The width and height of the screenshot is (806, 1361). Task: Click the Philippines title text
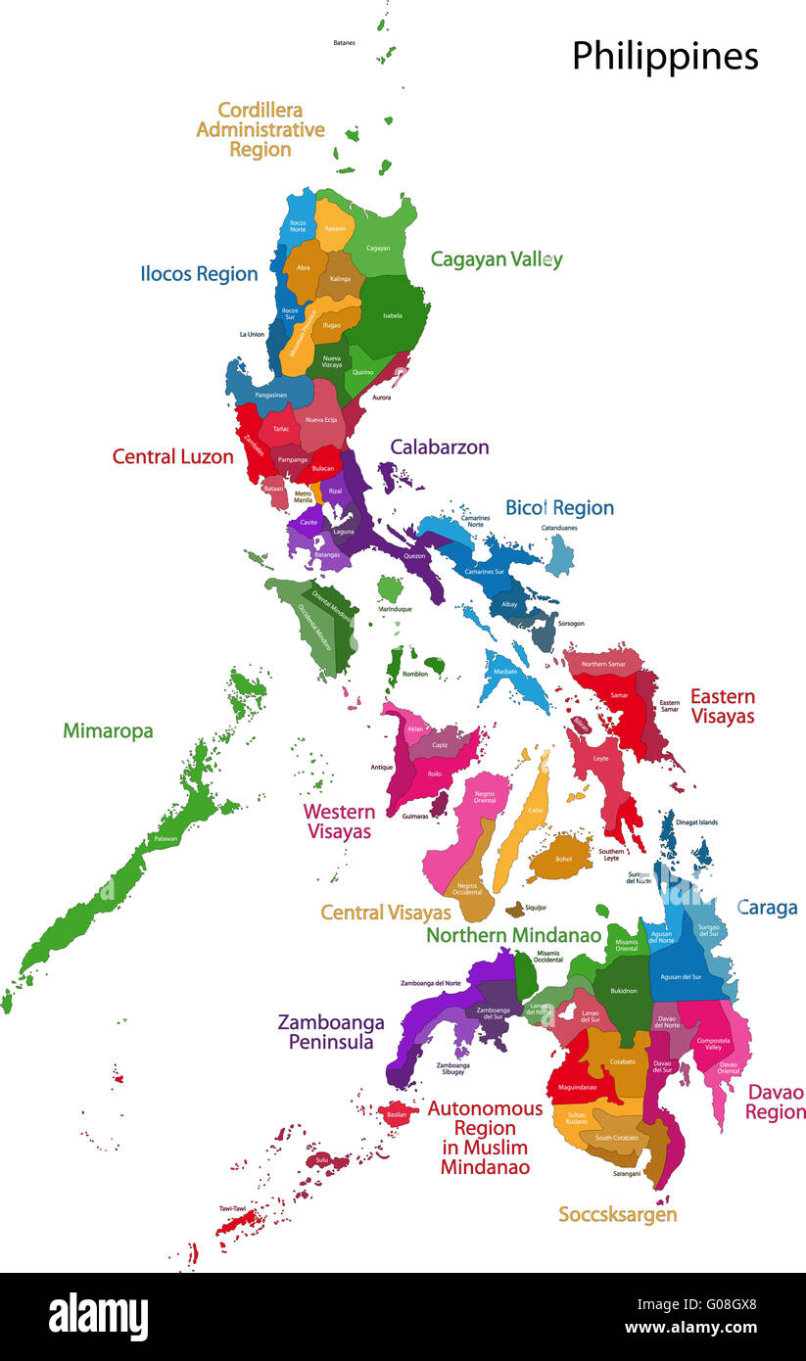[x=665, y=56]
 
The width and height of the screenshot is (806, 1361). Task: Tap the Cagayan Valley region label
[x=497, y=259]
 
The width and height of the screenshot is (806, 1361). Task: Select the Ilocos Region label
[x=199, y=274]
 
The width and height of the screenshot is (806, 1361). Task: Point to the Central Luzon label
[x=172, y=456]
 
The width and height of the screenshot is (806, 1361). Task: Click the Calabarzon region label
[x=439, y=447]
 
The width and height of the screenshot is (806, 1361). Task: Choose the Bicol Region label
[x=559, y=507]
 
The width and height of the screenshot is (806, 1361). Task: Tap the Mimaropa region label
[x=108, y=730]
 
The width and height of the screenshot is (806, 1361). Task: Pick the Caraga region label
[x=767, y=908]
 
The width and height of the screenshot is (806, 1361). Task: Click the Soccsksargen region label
[x=617, y=1214]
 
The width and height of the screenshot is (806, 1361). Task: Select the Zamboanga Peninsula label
[x=331, y=1032]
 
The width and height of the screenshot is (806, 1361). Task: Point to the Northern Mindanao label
[x=513, y=935]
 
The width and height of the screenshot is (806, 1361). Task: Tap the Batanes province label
[x=344, y=43]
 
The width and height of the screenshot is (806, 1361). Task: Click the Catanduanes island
[x=559, y=556]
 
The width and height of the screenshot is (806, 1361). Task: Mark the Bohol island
[x=561, y=856]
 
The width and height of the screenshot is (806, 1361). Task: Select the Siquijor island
[x=514, y=910]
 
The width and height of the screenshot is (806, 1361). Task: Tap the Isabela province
[x=392, y=315]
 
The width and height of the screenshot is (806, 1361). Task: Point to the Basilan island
[x=396, y=1113]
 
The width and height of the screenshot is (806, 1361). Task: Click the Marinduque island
[x=391, y=589]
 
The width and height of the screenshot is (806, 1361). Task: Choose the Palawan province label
[x=166, y=839]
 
